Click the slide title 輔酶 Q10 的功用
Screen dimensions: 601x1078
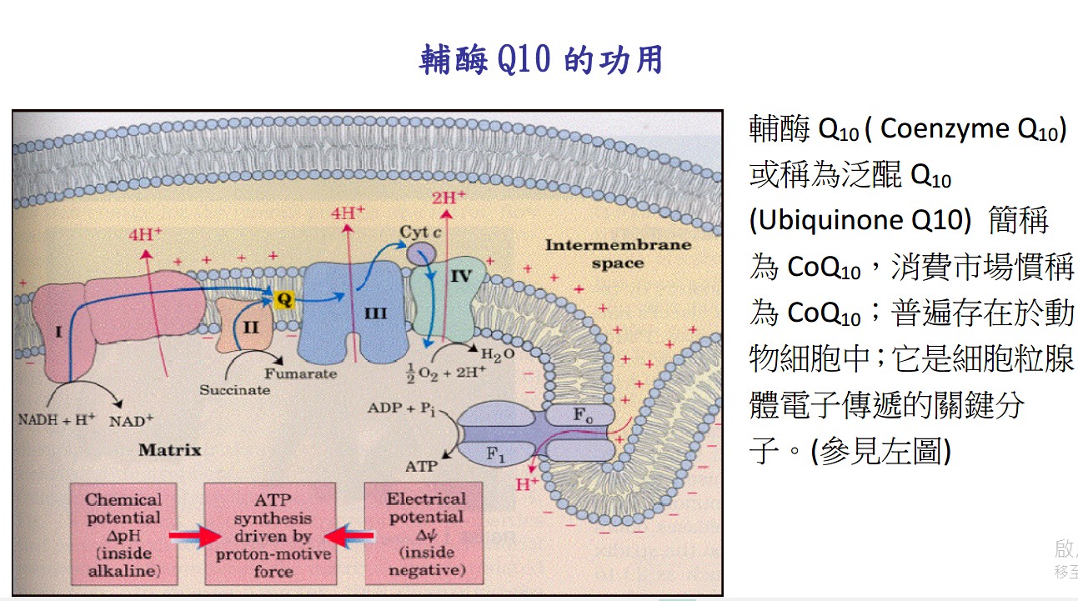point(541,61)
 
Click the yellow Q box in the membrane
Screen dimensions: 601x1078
point(284,298)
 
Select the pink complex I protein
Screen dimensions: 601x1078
point(117,321)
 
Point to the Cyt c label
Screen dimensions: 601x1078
point(419,231)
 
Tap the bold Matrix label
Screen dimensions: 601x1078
point(170,450)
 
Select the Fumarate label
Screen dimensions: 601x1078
point(301,373)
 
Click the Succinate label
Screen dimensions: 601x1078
point(234,389)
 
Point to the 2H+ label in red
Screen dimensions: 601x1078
point(449,198)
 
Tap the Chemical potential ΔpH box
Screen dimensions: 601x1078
point(123,534)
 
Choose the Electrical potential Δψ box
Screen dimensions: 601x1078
point(425,534)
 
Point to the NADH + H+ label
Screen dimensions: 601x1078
point(57,420)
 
